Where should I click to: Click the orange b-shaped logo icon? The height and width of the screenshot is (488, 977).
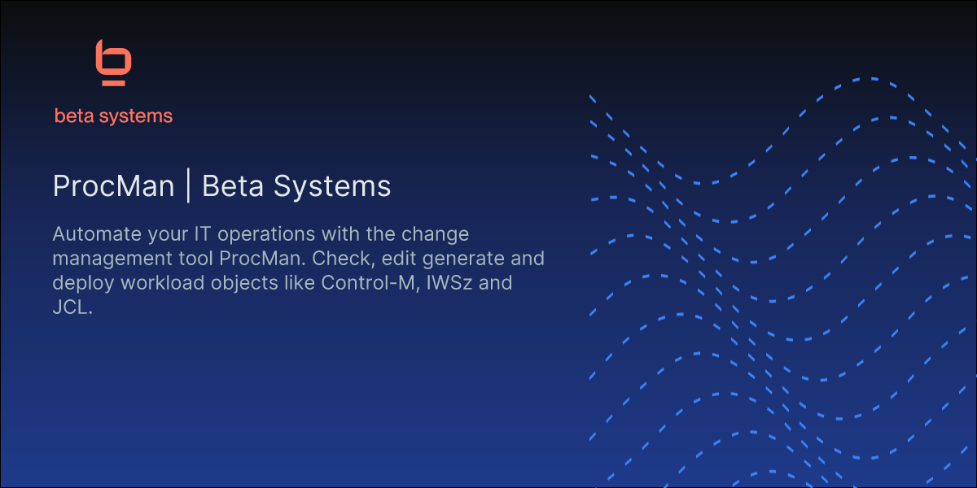(113, 63)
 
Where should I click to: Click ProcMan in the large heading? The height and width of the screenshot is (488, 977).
(113, 186)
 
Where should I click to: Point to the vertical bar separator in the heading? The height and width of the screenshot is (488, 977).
(188, 186)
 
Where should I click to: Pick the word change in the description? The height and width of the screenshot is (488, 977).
(438, 234)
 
